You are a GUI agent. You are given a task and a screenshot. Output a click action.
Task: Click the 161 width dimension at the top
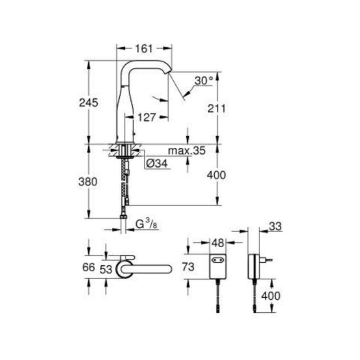click(144, 49)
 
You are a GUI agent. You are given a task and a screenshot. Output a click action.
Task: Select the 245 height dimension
click(89, 102)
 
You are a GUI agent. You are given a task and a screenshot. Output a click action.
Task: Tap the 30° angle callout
click(204, 81)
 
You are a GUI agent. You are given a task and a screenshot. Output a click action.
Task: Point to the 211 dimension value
click(216, 108)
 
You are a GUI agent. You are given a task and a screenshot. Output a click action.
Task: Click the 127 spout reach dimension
click(147, 117)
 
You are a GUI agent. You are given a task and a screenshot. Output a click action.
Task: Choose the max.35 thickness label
click(186, 150)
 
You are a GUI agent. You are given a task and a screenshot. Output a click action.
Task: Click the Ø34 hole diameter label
click(157, 163)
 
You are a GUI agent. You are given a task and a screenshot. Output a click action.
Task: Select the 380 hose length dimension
click(88, 181)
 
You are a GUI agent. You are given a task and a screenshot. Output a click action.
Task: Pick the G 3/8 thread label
click(146, 224)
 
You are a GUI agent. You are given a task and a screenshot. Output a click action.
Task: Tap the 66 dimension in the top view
click(89, 267)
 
